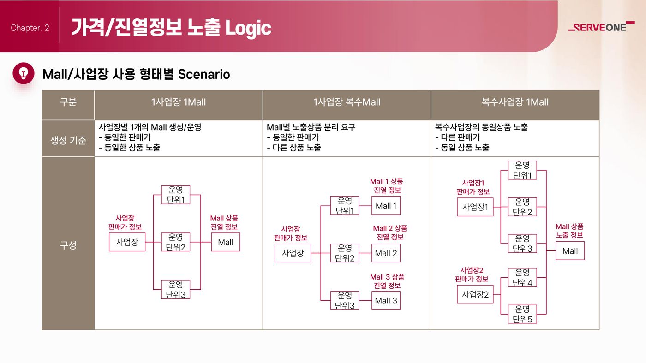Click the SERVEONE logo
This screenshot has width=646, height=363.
coord(601,27)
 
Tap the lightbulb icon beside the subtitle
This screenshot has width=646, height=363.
coord(24,73)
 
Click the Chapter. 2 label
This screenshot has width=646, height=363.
coord(30,28)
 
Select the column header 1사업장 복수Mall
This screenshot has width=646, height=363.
coord(347,102)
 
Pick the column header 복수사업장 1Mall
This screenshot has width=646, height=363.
coord(515,102)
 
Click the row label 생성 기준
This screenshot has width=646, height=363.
coord(68,140)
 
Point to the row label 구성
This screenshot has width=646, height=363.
coord(68,245)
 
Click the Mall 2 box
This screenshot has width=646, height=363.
coord(386,253)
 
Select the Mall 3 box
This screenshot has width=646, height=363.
coord(386,300)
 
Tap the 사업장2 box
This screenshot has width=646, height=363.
coord(475,294)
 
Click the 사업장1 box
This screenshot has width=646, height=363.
coord(475,207)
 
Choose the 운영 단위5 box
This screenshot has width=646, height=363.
coord(522,314)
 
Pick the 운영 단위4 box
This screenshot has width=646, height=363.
coord(522,277)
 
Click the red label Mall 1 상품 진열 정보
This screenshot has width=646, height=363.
coord(387,186)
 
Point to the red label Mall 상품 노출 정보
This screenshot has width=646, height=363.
coord(569,231)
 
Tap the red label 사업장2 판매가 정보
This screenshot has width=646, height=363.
coord(472,274)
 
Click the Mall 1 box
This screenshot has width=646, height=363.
coord(386,206)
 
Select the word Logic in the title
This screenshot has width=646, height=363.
coord(248,28)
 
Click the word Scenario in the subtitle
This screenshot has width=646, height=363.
coord(204,74)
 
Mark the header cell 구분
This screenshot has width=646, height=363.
coord(68,102)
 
